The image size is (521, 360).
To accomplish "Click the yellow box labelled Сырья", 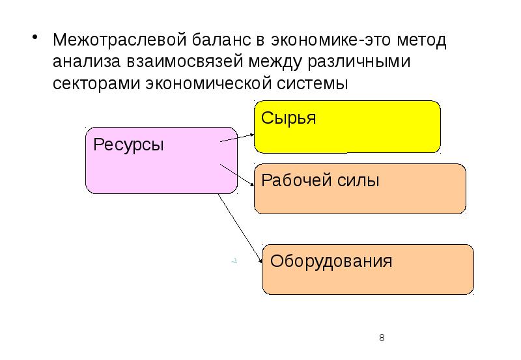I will click(347, 126).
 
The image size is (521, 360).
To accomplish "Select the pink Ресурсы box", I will click(161, 160).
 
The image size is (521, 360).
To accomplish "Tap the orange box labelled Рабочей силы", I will click(359, 189).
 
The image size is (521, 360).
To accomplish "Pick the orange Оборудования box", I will click(367, 269).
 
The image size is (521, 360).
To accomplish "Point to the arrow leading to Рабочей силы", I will click(238, 175).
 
